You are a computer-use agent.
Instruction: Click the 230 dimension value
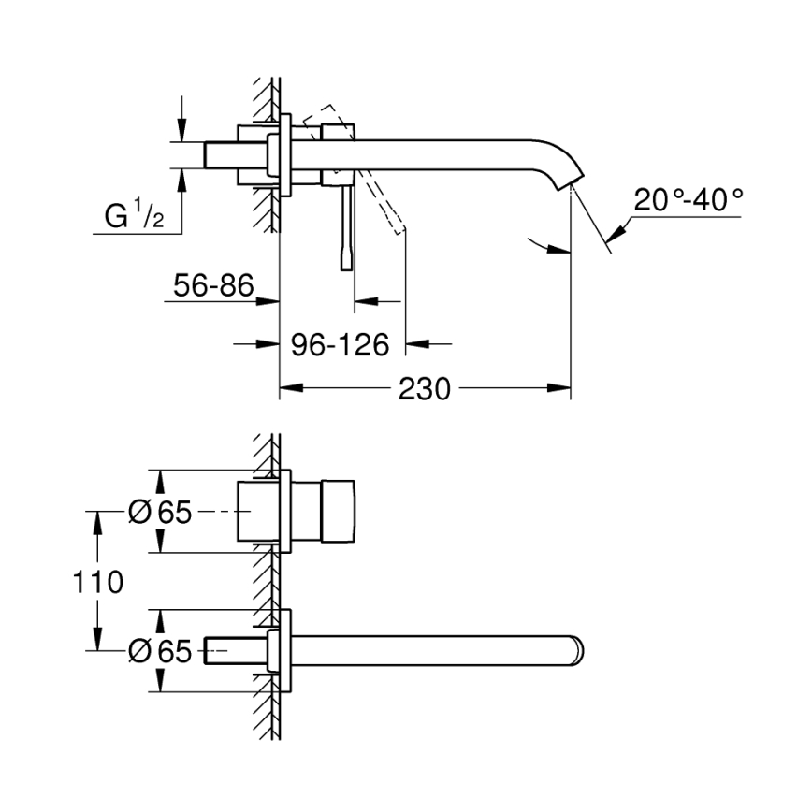click(424, 388)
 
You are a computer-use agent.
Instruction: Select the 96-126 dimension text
click(340, 345)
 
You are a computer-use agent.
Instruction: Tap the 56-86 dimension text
click(213, 285)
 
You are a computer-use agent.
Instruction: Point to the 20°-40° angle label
click(688, 199)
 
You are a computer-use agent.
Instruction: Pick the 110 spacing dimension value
click(98, 582)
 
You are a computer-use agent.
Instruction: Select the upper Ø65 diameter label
click(160, 513)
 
